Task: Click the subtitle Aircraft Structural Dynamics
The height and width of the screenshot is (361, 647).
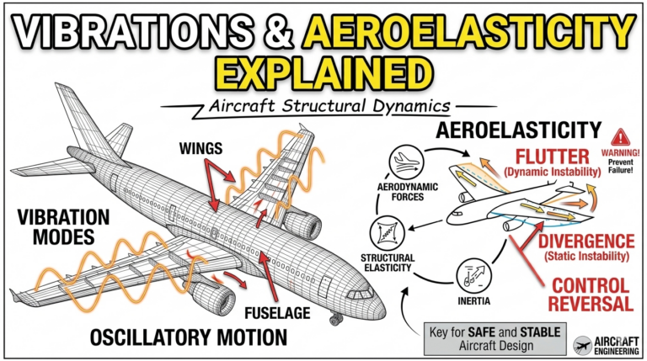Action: coord(323,107)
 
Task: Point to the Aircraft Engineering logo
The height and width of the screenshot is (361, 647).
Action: coord(605,345)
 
